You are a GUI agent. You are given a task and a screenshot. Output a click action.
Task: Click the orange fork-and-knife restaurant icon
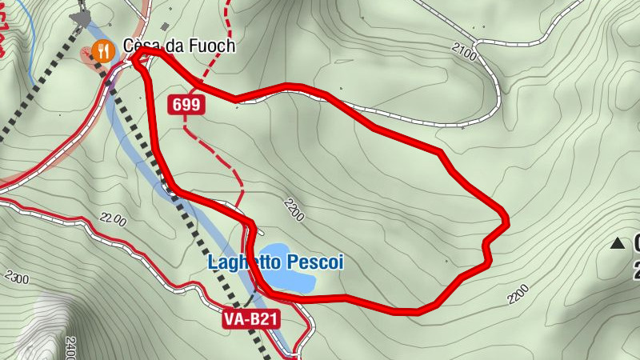[103, 52]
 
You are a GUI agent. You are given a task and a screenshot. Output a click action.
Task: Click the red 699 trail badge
[186, 105]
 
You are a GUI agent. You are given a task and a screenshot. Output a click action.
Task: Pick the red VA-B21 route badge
[251, 319]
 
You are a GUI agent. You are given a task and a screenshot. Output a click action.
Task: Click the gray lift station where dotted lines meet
[80, 16]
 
